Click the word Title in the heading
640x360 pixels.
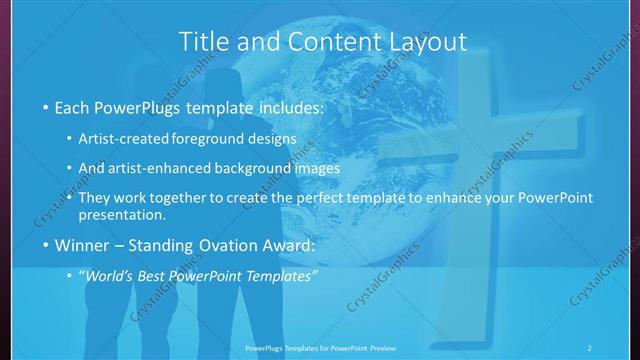(203, 42)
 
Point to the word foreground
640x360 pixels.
(212, 138)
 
